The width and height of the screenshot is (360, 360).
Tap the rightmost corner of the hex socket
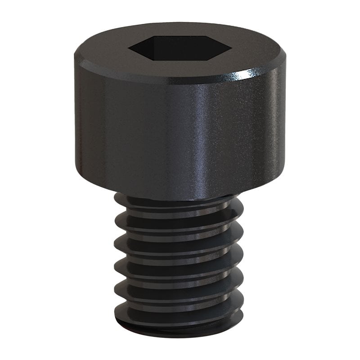coord(232,45)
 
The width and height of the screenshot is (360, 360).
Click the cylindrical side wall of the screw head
coord(135,135)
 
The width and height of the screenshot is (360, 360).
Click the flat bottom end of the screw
coord(180,331)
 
